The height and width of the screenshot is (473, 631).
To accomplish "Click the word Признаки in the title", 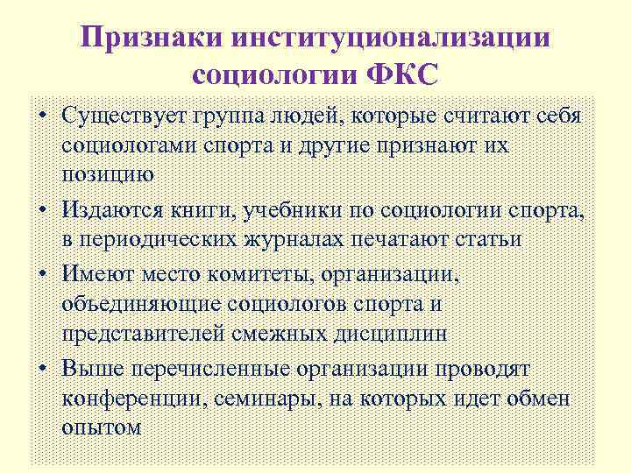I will point(154,37).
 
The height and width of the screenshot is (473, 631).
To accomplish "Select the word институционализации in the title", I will point(393,37).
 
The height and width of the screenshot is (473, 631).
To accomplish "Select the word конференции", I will point(132,399).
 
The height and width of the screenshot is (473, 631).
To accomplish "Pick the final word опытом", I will point(102,428).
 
